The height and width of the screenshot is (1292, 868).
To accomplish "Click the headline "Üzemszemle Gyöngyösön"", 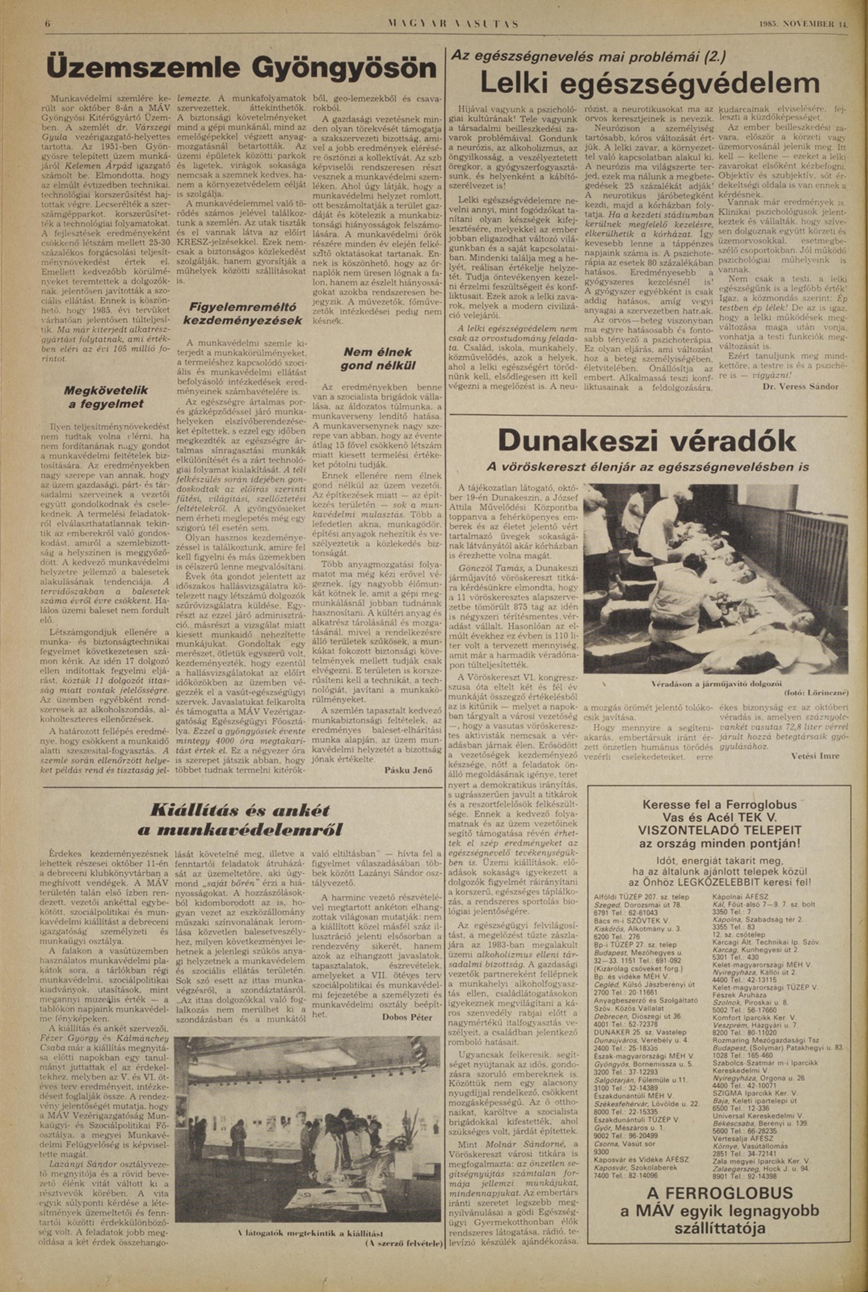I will point(241,69).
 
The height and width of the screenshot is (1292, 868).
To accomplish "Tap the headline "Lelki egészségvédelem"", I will point(649,83).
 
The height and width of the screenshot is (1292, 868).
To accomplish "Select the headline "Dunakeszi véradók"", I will point(646,441).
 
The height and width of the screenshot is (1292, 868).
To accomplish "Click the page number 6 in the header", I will point(48,24).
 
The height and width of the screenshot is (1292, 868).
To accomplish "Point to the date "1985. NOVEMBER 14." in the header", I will point(803,24).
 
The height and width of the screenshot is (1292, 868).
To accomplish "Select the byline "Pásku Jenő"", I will point(408,770).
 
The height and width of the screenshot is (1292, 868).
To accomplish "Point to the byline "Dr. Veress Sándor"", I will point(800,386).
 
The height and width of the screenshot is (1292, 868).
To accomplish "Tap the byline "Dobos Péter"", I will point(407,1017).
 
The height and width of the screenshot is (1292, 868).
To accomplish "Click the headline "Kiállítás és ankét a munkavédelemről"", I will point(240,820).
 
